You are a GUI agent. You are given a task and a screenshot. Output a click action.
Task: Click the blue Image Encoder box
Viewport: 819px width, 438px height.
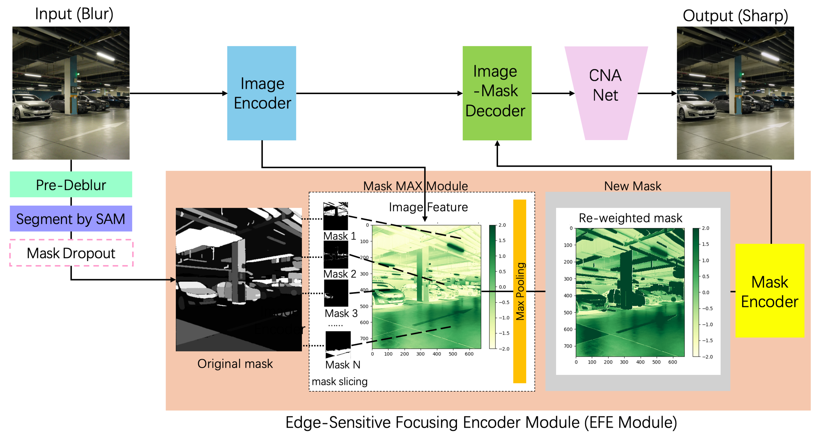261,93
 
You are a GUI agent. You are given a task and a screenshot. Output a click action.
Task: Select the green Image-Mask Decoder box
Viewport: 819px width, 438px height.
497,93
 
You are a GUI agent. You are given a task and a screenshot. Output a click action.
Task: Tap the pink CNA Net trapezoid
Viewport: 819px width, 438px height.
606,93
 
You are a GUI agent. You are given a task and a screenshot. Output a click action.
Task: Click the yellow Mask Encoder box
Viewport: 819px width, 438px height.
769,290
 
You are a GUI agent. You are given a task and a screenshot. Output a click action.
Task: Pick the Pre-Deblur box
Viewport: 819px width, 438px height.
71,184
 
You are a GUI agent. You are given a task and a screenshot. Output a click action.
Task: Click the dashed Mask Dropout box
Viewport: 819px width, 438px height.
71,253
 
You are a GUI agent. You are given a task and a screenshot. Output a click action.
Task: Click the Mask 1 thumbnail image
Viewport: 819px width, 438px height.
335,216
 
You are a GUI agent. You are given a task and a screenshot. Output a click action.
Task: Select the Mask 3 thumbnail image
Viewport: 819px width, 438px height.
336,293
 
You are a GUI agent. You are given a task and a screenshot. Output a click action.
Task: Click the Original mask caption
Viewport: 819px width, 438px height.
235,364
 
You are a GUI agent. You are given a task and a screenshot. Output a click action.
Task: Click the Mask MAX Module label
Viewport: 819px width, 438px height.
415,186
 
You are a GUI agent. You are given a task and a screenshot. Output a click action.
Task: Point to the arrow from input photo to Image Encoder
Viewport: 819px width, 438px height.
178,93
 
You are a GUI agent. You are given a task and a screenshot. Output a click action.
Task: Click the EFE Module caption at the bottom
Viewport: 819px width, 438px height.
481,422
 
